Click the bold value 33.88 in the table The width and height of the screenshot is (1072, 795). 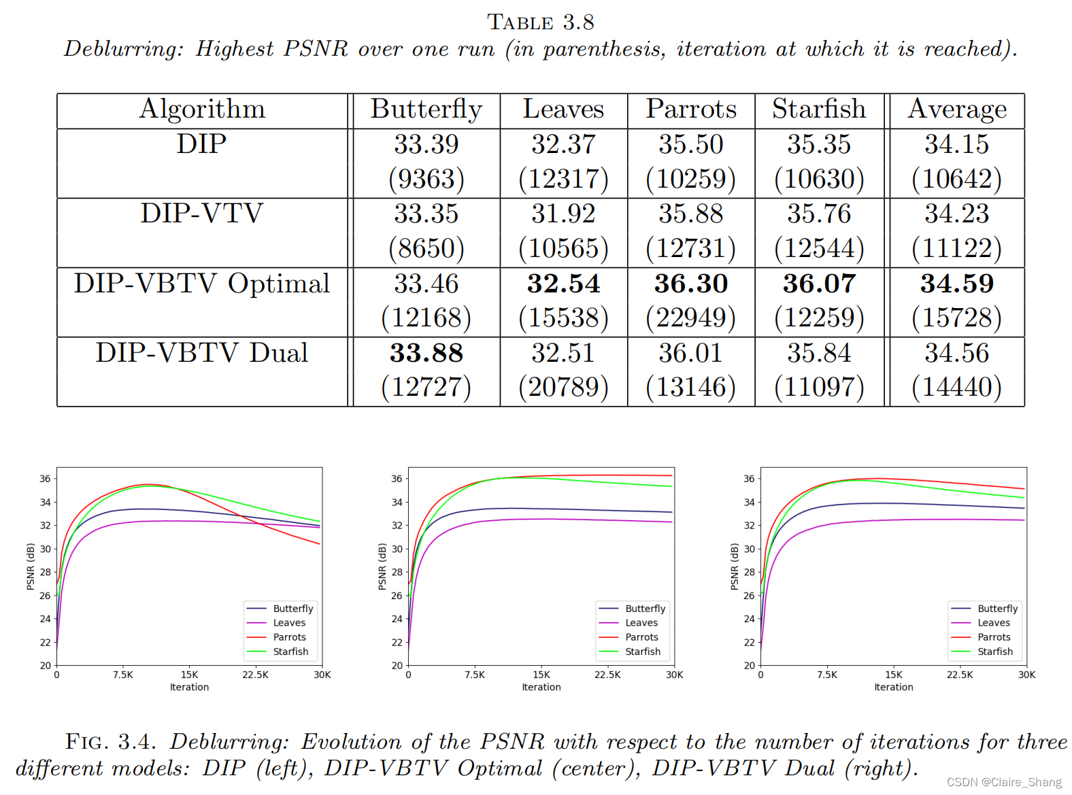(426, 353)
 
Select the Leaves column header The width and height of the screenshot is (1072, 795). (563, 109)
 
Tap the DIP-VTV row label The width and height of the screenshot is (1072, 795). (201, 214)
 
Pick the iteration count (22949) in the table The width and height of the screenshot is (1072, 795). (690, 318)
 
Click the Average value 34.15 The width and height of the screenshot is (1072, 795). (956, 144)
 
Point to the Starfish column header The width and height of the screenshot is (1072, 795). (819, 109)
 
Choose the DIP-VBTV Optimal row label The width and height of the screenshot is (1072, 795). (201, 284)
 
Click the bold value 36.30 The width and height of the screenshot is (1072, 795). (690, 284)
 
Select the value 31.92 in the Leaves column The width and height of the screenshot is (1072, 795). (563, 214)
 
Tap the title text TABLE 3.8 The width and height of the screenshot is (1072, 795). (541, 22)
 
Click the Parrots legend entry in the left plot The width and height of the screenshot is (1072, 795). (289, 637)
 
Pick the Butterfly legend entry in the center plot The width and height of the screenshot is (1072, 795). (645, 609)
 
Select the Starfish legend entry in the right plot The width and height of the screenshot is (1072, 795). (994, 652)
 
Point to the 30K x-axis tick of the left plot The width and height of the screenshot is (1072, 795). (322, 675)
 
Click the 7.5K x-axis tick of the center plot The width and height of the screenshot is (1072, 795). (475, 675)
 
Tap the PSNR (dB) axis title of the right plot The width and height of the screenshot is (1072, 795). (735, 566)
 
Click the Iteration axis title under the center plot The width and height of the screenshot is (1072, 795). (541, 688)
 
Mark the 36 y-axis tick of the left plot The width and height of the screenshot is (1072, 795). (45, 479)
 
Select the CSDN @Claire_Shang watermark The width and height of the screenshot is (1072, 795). (1003, 782)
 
